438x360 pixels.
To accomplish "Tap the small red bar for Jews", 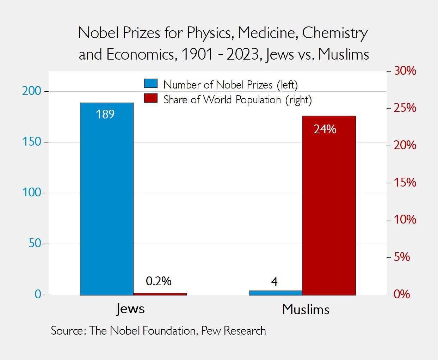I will click(160, 294).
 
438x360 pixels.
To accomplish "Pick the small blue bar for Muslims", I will click(275, 293).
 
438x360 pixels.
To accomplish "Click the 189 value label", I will click(105, 114).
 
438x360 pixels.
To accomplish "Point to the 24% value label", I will click(325, 129).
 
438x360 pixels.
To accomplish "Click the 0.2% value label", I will click(159, 281).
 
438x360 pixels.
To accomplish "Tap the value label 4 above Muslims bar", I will click(274, 281).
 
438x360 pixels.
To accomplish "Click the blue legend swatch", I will click(151, 84).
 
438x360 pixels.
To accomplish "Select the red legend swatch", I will click(151, 98).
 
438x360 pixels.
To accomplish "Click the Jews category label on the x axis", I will click(130, 309).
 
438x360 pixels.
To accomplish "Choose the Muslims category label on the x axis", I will click(306, 309).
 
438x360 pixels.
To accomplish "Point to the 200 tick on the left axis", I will click(32, 91).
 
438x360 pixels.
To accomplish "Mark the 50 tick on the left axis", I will click(35, 243).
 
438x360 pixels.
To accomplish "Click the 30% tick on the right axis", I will click(405, 71).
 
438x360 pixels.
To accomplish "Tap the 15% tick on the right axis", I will click(405, 183).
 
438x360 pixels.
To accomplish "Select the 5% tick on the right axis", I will click(402, 257).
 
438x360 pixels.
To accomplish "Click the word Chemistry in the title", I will click(335, 33).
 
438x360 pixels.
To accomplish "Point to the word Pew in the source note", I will click(211, 331).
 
